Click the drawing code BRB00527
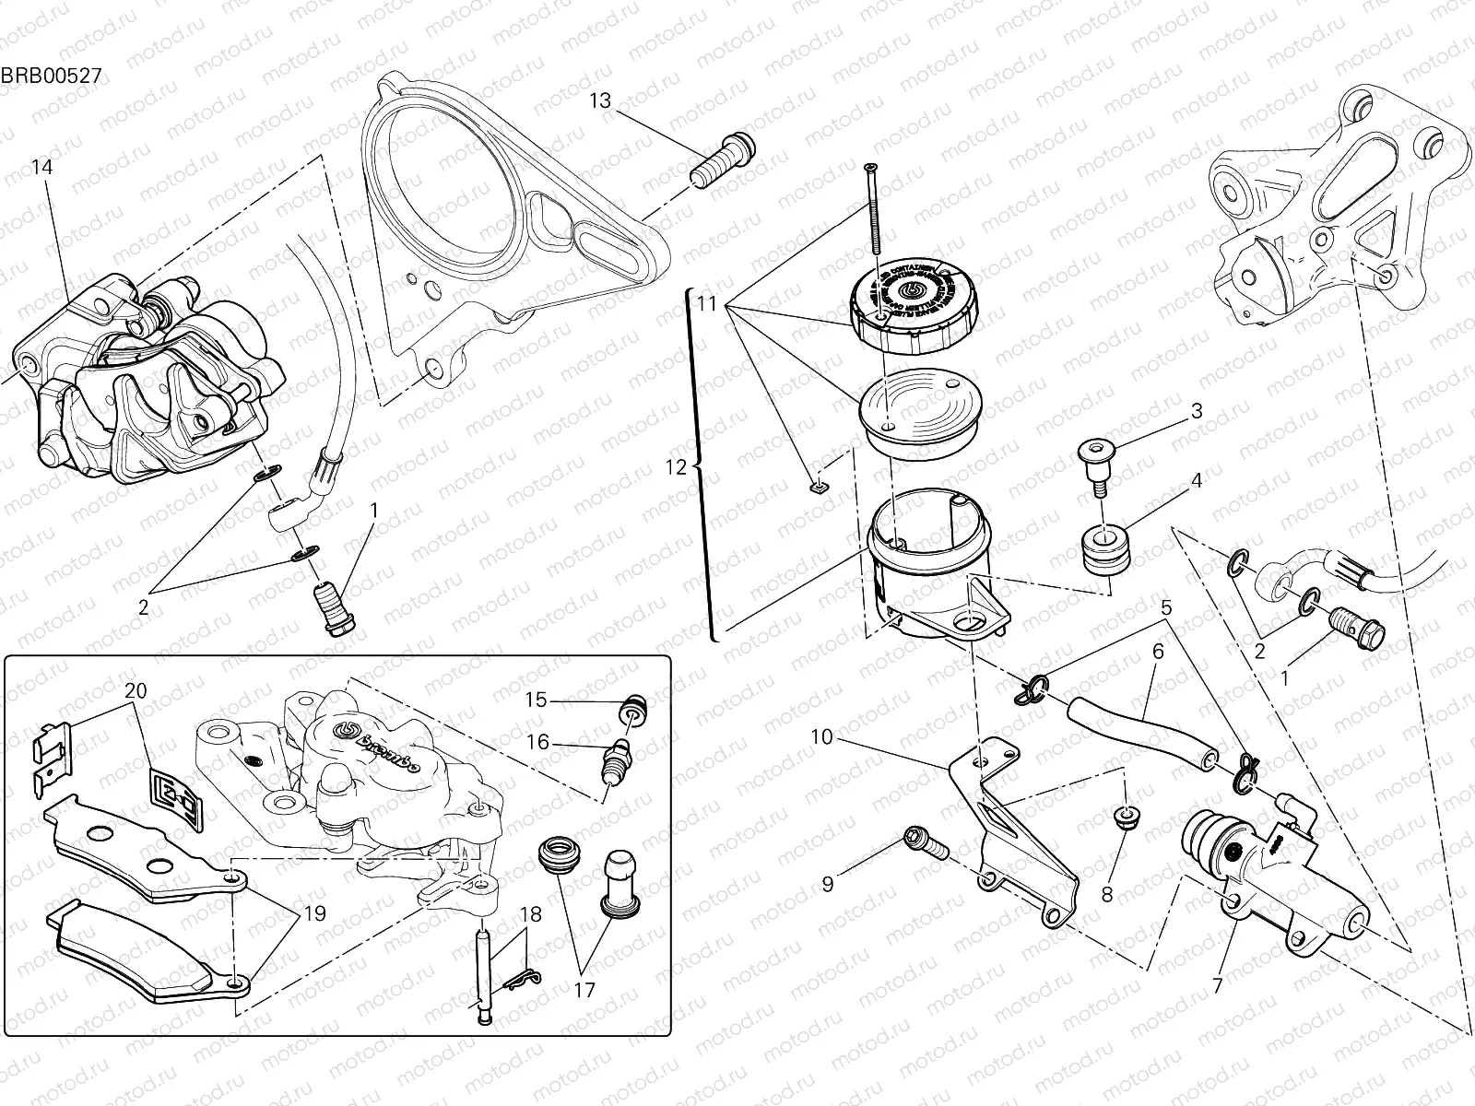coord(50,75)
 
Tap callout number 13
coord(600,100)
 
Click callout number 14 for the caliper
coord(41,167)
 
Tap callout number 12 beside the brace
coord(677,467)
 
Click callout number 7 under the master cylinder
coord(1217,986)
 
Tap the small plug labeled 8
coord(1124,816)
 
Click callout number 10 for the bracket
coord(822,736)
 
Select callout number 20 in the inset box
coord(136,691)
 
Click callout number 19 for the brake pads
coord(314,914)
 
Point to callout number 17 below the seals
coord(584,991)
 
